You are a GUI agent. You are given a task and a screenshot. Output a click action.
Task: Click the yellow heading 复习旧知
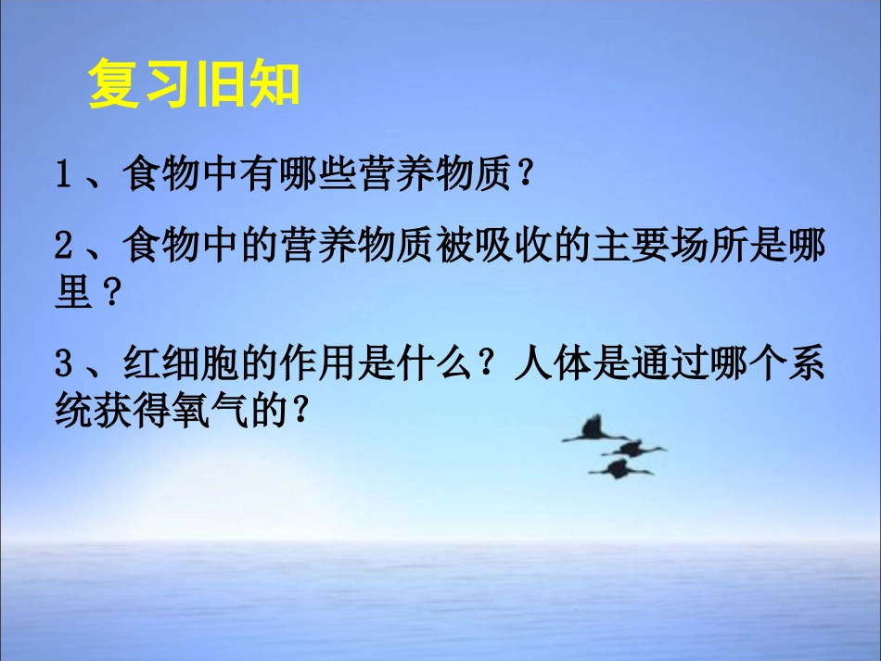tap(194, 86)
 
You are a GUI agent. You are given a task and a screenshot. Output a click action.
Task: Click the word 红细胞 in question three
tap(172, 364)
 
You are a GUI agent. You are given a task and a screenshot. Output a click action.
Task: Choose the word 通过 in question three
tap(662, 364)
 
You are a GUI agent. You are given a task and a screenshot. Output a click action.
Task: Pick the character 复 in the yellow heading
tap(114, 86)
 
